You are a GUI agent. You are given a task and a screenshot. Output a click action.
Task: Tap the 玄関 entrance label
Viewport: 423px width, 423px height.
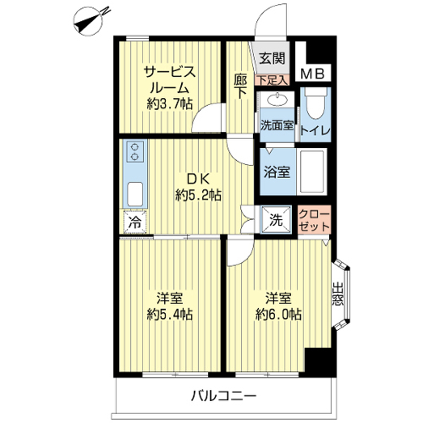[x=272, y=58]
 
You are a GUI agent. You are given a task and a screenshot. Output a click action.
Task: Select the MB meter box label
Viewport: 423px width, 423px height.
[x=313, y=74]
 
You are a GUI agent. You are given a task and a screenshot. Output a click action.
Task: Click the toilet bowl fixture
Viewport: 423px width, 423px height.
[x=316, y=104]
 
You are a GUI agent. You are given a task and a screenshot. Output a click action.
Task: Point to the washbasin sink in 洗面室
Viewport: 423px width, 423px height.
[x=277, y=100]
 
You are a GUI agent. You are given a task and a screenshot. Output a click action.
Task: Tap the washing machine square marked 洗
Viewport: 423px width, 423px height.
[x=276, y=220]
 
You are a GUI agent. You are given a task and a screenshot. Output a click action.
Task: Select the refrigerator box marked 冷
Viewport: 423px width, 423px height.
[x=135, y=222]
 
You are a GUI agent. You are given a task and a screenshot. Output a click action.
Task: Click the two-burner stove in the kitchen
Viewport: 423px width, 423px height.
[x=135, y=151]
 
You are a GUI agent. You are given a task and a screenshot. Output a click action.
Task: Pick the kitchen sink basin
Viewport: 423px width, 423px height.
[x=135, y=194]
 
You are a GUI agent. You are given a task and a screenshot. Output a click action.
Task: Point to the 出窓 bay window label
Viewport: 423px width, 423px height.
[x=338, y=294]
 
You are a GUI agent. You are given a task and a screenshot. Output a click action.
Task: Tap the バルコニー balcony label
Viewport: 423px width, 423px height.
[x=224, y=396]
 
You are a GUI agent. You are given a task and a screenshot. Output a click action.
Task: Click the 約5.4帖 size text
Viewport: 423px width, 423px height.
[x=170, y=314]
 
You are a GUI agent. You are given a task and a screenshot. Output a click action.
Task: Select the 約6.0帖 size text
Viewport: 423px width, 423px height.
[x=278, y=314]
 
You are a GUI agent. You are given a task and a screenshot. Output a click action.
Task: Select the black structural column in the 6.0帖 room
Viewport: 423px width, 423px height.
[x=319, y=361]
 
